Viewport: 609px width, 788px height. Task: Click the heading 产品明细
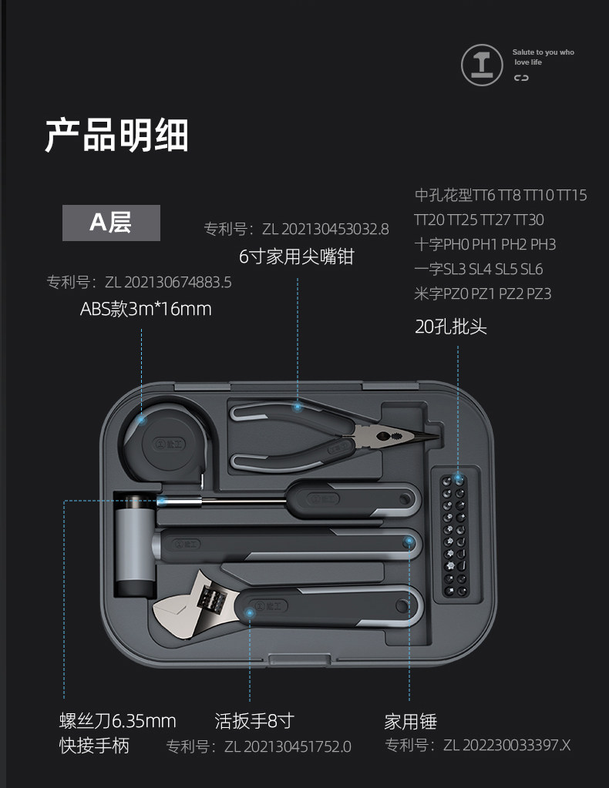[116, 134]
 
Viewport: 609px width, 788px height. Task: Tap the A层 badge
[111, 223]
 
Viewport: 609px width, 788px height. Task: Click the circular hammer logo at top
[482, 65]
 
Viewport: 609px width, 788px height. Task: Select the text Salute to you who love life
[543, 57]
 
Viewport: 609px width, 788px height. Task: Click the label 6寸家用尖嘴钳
[296, 257]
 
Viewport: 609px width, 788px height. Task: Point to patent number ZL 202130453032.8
[296, 229]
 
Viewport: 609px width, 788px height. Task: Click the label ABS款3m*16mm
[146, 309]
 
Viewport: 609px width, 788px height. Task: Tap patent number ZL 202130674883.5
[139, 282]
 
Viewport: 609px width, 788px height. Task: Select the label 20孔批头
[451, 327]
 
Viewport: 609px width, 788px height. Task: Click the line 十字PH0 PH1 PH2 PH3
[485, 244]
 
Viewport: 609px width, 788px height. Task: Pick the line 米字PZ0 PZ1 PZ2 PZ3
[483, 293]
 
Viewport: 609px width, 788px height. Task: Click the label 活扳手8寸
[254, 721]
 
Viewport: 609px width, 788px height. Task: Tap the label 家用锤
[411, 722]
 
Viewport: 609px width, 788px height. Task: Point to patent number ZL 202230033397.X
[478, 745]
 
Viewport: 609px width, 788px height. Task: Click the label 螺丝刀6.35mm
[118, 721]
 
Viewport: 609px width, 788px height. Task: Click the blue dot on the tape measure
[143, 420]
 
